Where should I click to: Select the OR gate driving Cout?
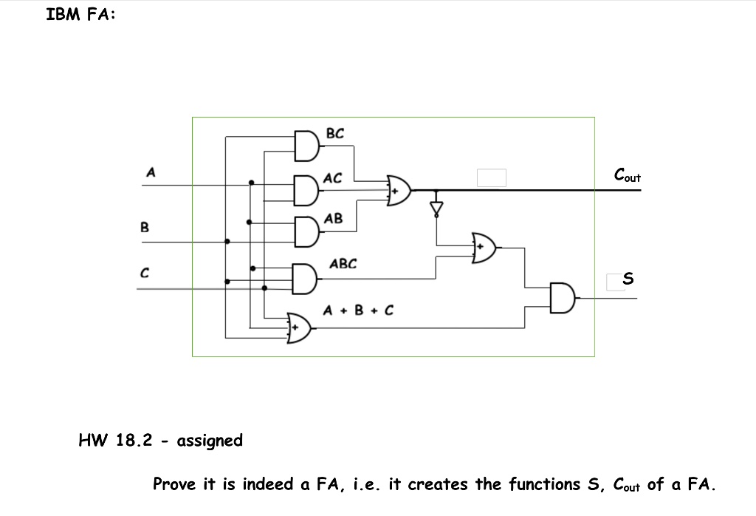pos(399,190)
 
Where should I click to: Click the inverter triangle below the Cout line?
pos(437,208)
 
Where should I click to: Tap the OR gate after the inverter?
pos(484,247)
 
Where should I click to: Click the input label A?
pos(151,172)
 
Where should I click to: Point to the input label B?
pos(145,227)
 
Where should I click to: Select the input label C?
pos(145,274)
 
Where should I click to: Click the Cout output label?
pos(627,176)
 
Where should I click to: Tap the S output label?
pos(628,279)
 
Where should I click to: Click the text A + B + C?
pos(358,310)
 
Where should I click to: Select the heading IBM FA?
pos(80,15)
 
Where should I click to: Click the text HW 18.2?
pos(115,441)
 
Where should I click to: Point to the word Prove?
pos(175,484)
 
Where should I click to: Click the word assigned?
pos(210,441)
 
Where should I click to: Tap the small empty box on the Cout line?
pos(491,177)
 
